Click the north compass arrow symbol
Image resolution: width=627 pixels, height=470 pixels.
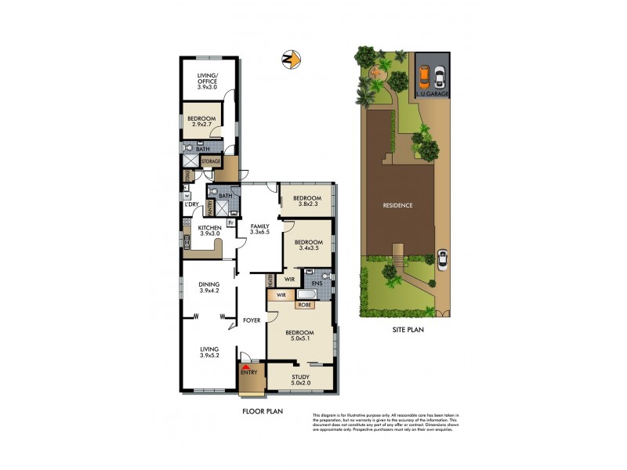(292, 59)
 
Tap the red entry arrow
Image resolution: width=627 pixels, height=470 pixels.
(248, 366)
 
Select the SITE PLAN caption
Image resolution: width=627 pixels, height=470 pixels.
(408, 330)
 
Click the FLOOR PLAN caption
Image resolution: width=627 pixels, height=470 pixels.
(262, 410)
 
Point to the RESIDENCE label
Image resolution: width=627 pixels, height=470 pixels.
(397, 205)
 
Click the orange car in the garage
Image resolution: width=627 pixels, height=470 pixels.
(424, 76)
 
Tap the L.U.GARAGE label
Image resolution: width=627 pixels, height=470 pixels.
(433, 94)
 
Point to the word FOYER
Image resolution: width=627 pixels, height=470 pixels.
(251, 320)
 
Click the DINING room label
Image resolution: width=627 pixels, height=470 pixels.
(208, 285)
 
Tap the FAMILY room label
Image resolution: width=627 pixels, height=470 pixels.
(259, 226)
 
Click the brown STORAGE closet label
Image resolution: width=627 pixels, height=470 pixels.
(211, 161)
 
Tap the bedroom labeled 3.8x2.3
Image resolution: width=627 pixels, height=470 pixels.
(307, 200)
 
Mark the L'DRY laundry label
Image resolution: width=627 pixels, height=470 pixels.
(192, 205)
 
